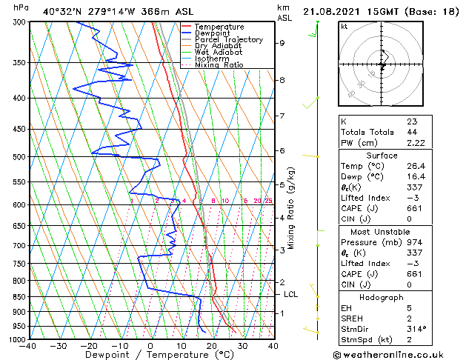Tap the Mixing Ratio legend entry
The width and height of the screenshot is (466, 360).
pos(219,65)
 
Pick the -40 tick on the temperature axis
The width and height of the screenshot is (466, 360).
pos(29,346)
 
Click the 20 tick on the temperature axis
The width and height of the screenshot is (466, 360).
pos(211,346)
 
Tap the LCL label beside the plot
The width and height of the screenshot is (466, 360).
pos(291,294)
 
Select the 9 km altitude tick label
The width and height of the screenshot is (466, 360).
pos(282,43)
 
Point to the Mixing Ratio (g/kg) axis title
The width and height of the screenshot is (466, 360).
pos(291,207)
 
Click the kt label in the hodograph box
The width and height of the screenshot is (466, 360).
pos(344,26)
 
